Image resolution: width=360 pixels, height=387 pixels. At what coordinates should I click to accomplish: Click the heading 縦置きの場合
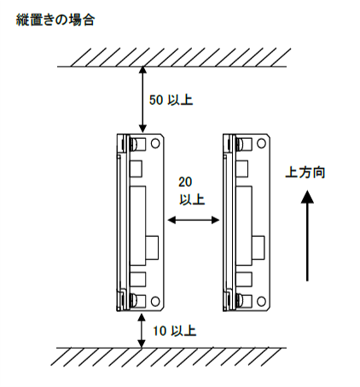click(x=55, y=20)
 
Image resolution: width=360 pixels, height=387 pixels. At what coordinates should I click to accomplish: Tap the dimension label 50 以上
click(x=171, y=100)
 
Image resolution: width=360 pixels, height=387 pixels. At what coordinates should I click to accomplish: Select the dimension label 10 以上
click(x=175, y=331)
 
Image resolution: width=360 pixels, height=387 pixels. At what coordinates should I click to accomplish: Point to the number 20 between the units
click(x=185, y=182)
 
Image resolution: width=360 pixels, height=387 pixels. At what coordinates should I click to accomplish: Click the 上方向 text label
click(x=305, y=172)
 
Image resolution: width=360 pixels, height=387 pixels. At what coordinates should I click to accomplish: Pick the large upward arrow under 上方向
click(x=307, y=236)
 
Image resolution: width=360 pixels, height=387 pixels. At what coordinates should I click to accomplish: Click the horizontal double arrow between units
click(x=194, y=220)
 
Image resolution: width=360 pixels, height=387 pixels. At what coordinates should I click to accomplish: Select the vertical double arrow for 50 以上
click(x=142, y=100)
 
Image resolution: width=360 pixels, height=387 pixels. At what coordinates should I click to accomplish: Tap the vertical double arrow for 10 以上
click(x=141, y=330)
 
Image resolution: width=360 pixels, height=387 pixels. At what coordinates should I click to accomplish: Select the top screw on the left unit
click(x=134, y=144)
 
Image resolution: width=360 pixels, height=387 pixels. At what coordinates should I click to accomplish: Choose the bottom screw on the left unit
click(x=134, y=301)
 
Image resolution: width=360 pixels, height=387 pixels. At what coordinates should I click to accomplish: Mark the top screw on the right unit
click(x=240, y=144)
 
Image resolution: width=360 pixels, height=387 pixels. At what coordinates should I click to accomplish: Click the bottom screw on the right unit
click(x=240, y=301)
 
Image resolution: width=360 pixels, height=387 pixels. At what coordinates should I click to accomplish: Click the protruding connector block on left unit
click(x=152, y=247)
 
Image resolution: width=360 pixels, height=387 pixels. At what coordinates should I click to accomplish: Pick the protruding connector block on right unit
click(x=258, y=247)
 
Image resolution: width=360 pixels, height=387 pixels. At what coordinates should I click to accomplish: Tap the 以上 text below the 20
click(x=192, y=199)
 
